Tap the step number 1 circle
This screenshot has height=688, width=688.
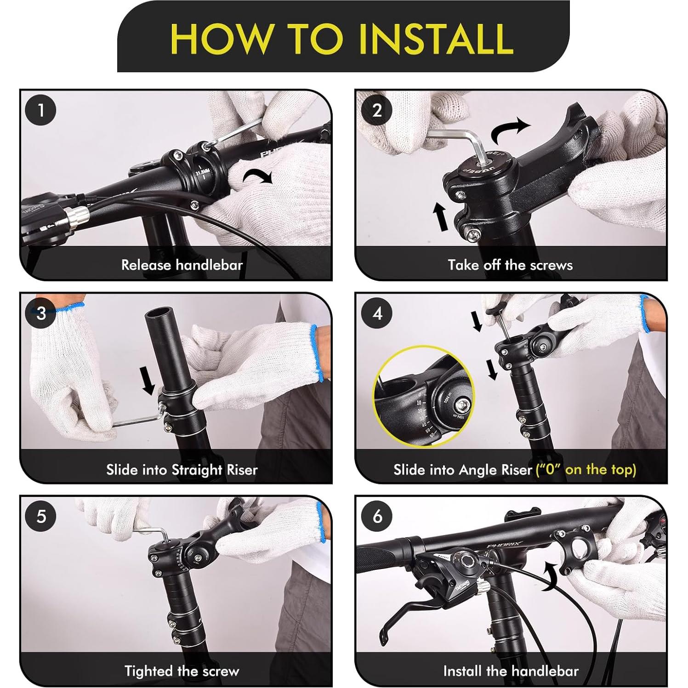[x=41, y=111]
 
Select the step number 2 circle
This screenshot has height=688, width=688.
[x=377, y=111]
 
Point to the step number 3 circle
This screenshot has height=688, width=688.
[x=41, y=313]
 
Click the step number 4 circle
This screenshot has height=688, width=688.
[x=377, y=313]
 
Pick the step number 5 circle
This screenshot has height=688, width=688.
[x=41, y=516]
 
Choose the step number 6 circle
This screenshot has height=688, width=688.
[x=377, y=516]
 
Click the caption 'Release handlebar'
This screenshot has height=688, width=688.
[x=182, y=265]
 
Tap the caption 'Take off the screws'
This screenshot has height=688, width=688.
[x=510, y=265]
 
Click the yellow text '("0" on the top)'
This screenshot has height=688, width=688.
[x=586, y=470]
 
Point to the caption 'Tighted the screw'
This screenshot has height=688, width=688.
[x=182, y=671]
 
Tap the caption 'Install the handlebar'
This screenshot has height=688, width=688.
[x=511, y=671]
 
